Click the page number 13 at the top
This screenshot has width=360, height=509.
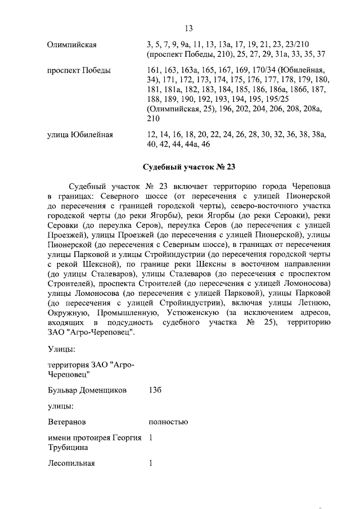point(188,29)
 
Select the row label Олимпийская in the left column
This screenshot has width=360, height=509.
point(70,44)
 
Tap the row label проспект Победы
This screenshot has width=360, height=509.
point(79,71)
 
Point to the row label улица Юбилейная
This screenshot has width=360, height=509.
point(81,135)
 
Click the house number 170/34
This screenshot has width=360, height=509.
point(265,71)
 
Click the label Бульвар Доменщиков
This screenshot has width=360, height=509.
point(87,390)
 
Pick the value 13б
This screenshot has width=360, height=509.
point(156,390)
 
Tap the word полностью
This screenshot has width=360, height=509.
point(168,421)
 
